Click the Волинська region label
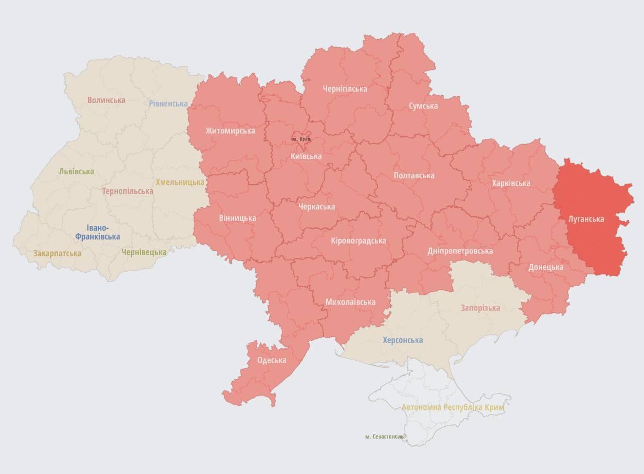[106, 100]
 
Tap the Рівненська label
[168, 103]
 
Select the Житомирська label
[230, 131]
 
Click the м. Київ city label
[301, 139]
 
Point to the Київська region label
[306, 156]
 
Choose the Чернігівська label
[345, 89]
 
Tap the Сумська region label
[423, 106]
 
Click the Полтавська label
[414, 175]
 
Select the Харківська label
[511, 183]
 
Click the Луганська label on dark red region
[586, 219]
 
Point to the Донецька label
[545, 267]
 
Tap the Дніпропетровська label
[460, 251]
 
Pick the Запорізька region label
[480, 308]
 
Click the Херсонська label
[403, 340]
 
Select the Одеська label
[272, 360]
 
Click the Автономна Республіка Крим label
[452, 407]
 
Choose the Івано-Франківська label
[97, 233]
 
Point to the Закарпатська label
[57, 253]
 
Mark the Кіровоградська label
[358, 241]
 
